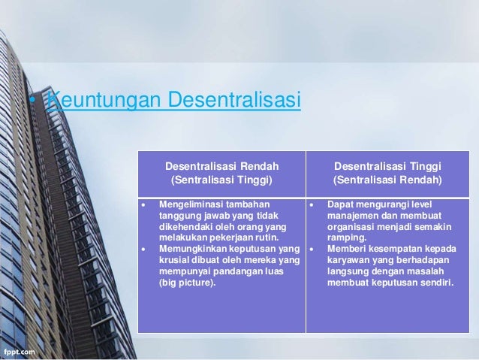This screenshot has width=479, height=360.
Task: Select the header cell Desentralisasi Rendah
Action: [221, 165]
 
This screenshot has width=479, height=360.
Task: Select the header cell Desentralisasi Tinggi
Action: [387, 165]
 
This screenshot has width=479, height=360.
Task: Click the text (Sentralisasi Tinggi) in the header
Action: [221, 180]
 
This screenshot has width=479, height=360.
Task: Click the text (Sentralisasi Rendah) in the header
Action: [387, 180]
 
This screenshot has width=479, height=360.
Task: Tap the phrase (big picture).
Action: [186, 283]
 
